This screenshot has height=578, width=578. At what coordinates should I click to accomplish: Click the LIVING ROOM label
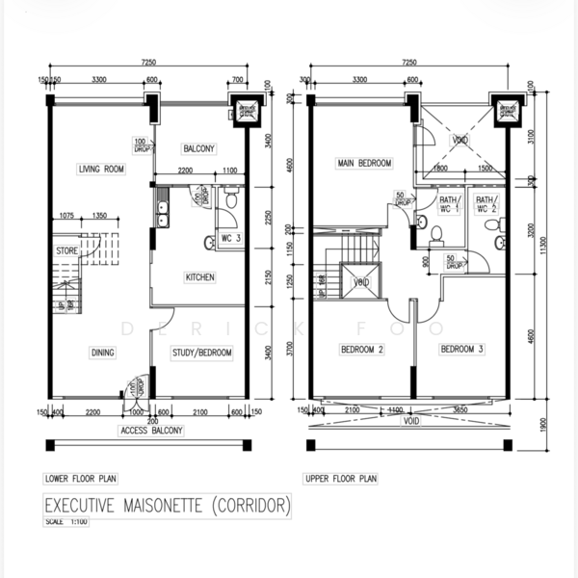(102, 170)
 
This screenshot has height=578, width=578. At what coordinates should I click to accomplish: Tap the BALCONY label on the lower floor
(198, 148)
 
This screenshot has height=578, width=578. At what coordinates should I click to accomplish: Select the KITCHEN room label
(199, 277)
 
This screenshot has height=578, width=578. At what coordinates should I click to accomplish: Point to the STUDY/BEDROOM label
(202, 353)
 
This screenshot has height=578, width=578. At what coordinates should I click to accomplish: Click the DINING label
(102, 353)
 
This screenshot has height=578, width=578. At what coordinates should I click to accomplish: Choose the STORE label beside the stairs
(66, 251)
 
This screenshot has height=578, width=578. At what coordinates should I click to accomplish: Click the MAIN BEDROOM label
(363, 164)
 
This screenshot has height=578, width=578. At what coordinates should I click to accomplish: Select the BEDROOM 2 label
(362, 350)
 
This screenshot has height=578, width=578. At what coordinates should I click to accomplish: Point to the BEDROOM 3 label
(462, 350)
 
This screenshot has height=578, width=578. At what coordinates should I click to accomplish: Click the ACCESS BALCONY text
(146, 431)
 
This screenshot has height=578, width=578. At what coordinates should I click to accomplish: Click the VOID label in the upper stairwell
(362, 282)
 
